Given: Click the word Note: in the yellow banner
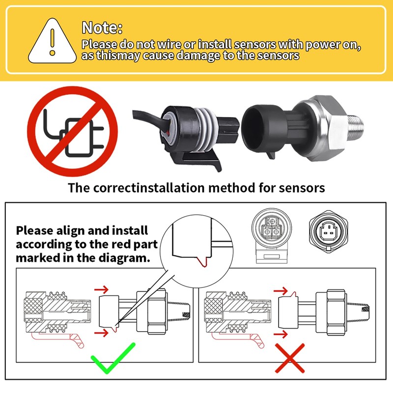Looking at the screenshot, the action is coord(102,28).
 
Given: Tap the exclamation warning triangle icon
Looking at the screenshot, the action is coord(53,41).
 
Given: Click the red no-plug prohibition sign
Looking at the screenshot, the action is coord(72,132).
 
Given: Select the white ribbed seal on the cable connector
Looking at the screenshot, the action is coord(202,130).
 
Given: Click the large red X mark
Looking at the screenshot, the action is coord(290,359).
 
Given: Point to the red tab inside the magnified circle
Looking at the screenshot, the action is coord(203,262).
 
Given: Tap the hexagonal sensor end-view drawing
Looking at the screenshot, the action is coord(328,231).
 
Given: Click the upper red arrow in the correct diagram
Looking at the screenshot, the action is coord(101,290).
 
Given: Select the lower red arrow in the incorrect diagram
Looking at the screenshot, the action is coord(281,334).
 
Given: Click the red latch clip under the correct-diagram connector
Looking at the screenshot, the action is coord(58,340).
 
